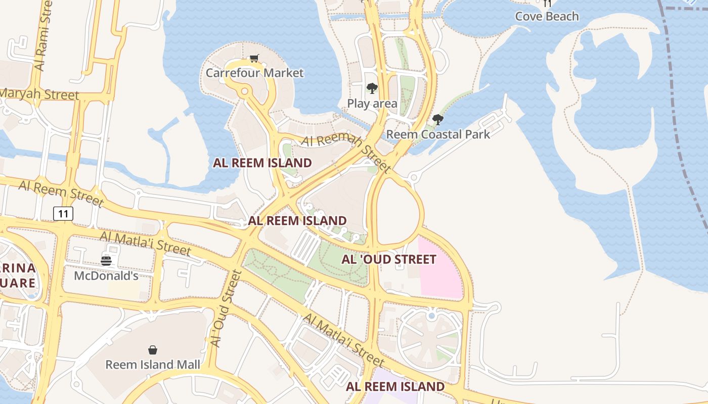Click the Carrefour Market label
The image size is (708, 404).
pyautogui.click(x=254, y=73)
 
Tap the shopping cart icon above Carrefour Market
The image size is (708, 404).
pyautogui.click(x=254, y=58)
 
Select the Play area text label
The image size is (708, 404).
pyautogui.click(x=372, y=104)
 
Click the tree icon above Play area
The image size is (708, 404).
pyautogui.click(x=372, y=89)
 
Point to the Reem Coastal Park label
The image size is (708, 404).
pyautogui.click(x=438, y=134)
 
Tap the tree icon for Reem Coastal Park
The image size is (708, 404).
pyautogui.click(x=438, y=120)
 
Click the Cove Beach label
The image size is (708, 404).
pyautogui.click(x=547, y=16)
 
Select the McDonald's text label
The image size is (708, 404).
pyautogui.click(x=106, y=276)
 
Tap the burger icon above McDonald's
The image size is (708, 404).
pyautogui.click(x=106, y=261)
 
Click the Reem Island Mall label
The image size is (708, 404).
pyautogui.click(x=152, y=364)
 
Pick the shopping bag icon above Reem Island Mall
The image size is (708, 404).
pyautogui.click(x=152, y=349)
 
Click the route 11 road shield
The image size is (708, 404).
pyautogui.click(x=63, y=214)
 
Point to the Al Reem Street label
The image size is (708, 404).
pyautogui.click(x=61, y=193)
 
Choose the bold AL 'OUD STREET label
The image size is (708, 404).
pyautogui.click(x=389, y=260)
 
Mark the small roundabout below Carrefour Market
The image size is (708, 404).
pyautogui.click(x=245, y=91)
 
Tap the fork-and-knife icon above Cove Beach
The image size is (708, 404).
pyautogui.click(x=547, y=3)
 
